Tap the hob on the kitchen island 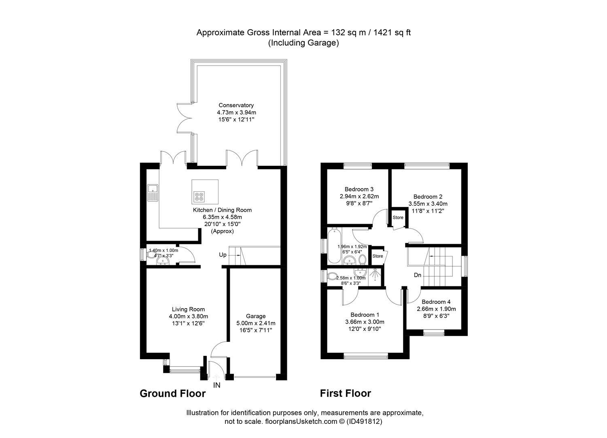[x=199, y=197]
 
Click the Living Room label [x=188, y=309]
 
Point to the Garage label [x=256, y=316]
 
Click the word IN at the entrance [x=217, y=385]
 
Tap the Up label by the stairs [x=223, y=255]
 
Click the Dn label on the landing [x=418, y=275]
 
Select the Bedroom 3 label [x=359, y=189]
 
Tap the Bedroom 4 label [x=436, y=302]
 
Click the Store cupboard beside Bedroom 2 [x=398, y=218]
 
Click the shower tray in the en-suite [x=376, y=275]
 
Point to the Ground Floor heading [x=172, y=393]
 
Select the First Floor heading [x=345, y=393]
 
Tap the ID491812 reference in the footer [x=367, y=421]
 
